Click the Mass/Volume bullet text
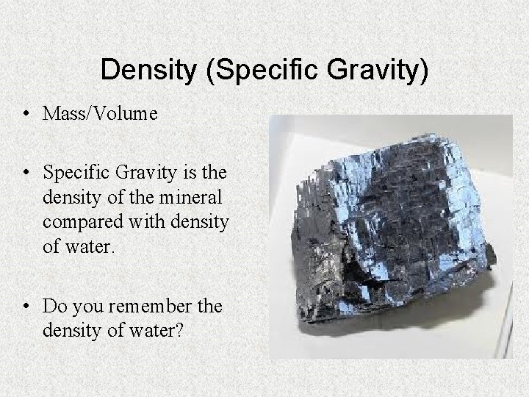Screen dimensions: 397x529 point(100,114)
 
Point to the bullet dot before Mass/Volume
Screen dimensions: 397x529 point(26,114)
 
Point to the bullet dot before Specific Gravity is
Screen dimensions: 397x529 point(26,174)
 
